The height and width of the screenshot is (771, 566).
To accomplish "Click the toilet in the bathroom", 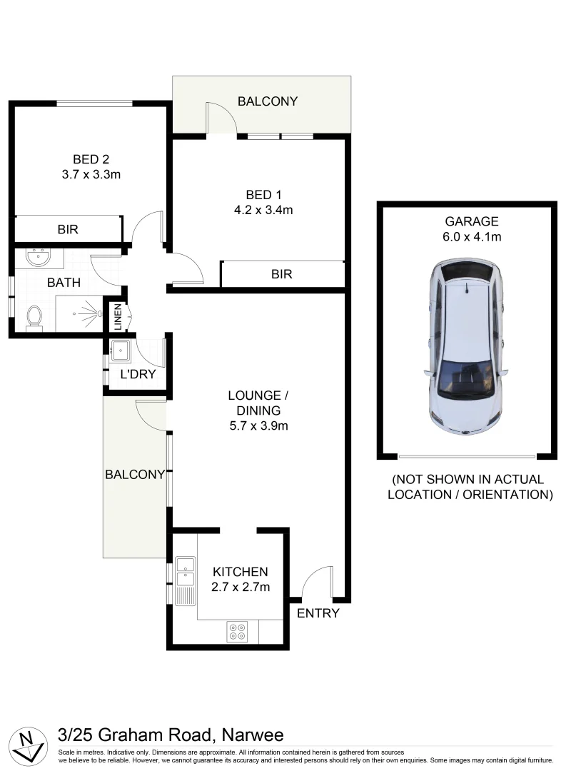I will coord(33,317).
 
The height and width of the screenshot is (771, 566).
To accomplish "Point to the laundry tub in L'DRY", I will coord(119,350).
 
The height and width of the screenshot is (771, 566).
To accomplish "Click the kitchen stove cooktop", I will coord(237,631).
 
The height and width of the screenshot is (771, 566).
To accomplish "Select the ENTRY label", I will coord(318,613).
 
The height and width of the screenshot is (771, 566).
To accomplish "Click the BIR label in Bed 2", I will coord(68,230).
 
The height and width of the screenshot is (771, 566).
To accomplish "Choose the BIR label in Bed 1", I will coord(282,274).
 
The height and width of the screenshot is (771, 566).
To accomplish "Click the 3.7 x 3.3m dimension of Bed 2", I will coord(91,173).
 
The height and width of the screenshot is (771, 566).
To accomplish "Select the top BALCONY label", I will coord(268,101).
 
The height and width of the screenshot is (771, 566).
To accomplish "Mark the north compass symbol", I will coord(28,744).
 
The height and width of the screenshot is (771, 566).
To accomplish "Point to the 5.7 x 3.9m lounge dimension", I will coord(258,426).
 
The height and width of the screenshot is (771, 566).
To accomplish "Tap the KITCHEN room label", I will coord(241,572).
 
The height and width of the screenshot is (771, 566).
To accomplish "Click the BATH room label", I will coord(64,283).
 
